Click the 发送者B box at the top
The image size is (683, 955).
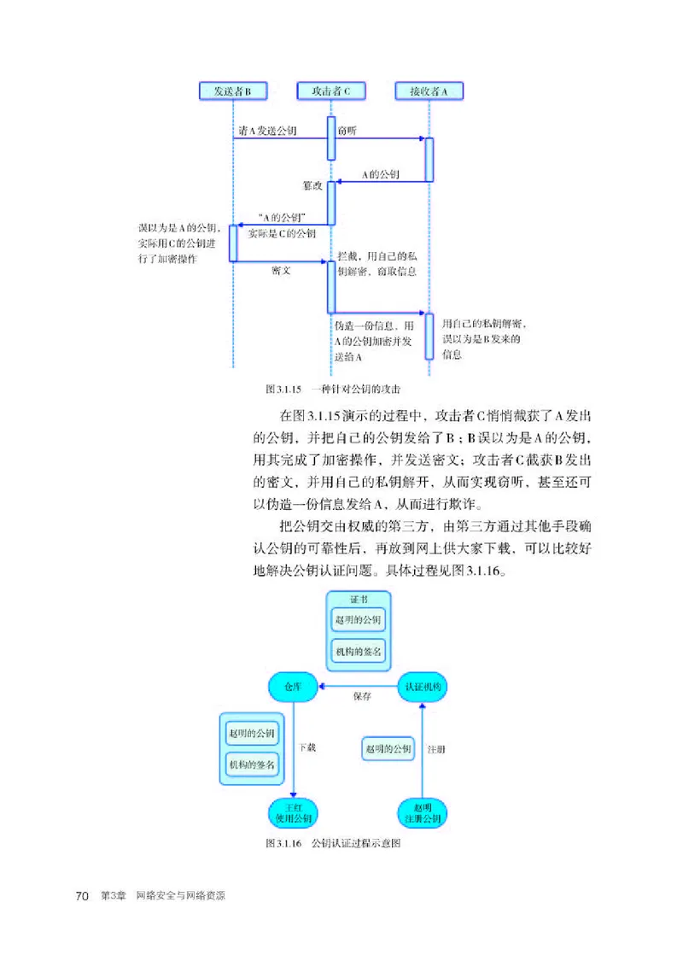pos(232,91)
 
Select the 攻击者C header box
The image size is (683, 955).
pos(330,91)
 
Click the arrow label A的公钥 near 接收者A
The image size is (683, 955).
pos(380,173)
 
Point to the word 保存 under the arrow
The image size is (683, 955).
pos(362,697)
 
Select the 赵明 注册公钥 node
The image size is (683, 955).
pos(422,811)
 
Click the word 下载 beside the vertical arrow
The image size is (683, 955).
pos(307,747)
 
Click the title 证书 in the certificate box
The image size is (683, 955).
pos(358,598)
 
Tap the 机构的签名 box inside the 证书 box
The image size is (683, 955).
pos(358,650)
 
